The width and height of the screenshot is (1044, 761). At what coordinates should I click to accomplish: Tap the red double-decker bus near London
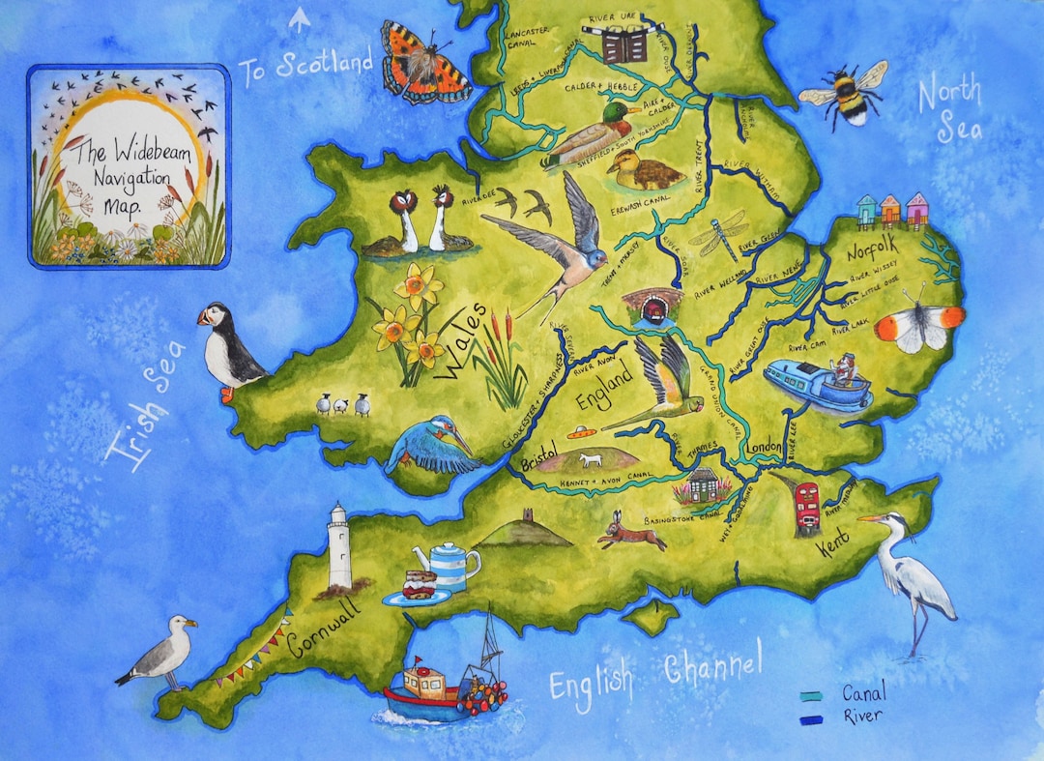(x=807, y=504)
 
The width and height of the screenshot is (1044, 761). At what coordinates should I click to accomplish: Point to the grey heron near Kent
(x=913, y=574)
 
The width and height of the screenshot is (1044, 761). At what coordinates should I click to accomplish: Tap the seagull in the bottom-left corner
(x=161, y=654)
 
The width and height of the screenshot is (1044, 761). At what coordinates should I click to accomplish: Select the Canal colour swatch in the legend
(x=811, y=695)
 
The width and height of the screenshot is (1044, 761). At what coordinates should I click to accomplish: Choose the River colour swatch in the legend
(x=811, y=719)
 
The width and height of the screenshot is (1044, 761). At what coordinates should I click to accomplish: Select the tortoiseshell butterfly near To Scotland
(x=422, y=63)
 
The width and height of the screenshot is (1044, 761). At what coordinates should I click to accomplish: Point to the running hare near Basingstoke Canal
(x=631, y=532)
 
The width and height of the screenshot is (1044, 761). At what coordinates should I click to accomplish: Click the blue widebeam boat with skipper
(x=818, y=383)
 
